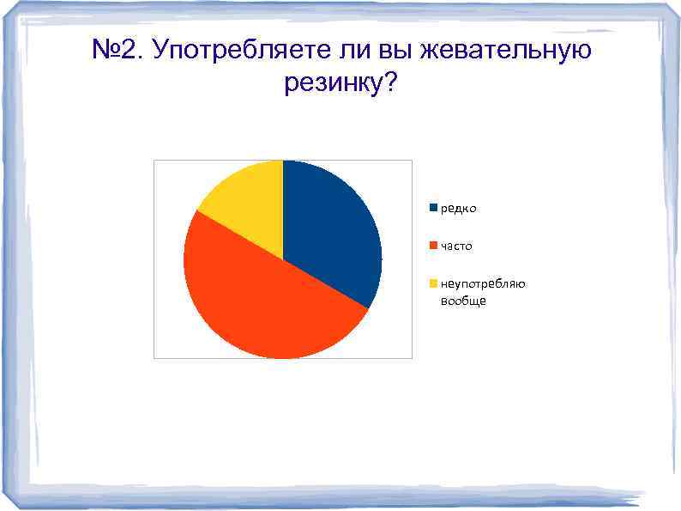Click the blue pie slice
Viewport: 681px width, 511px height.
[330, 232]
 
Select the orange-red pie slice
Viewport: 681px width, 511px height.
[257, 301]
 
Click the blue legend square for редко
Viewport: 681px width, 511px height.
[434, 208]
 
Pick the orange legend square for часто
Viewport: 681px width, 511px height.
[434, 246]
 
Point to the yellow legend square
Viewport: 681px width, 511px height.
[434, 283]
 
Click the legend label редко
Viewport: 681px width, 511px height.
[459, 209]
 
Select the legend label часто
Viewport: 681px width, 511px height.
[456, 246]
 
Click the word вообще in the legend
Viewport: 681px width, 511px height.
[463, 301]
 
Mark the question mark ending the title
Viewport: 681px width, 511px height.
[393, 83]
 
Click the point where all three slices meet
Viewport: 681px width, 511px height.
[282, 259]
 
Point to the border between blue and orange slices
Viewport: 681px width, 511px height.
[325, 283]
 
